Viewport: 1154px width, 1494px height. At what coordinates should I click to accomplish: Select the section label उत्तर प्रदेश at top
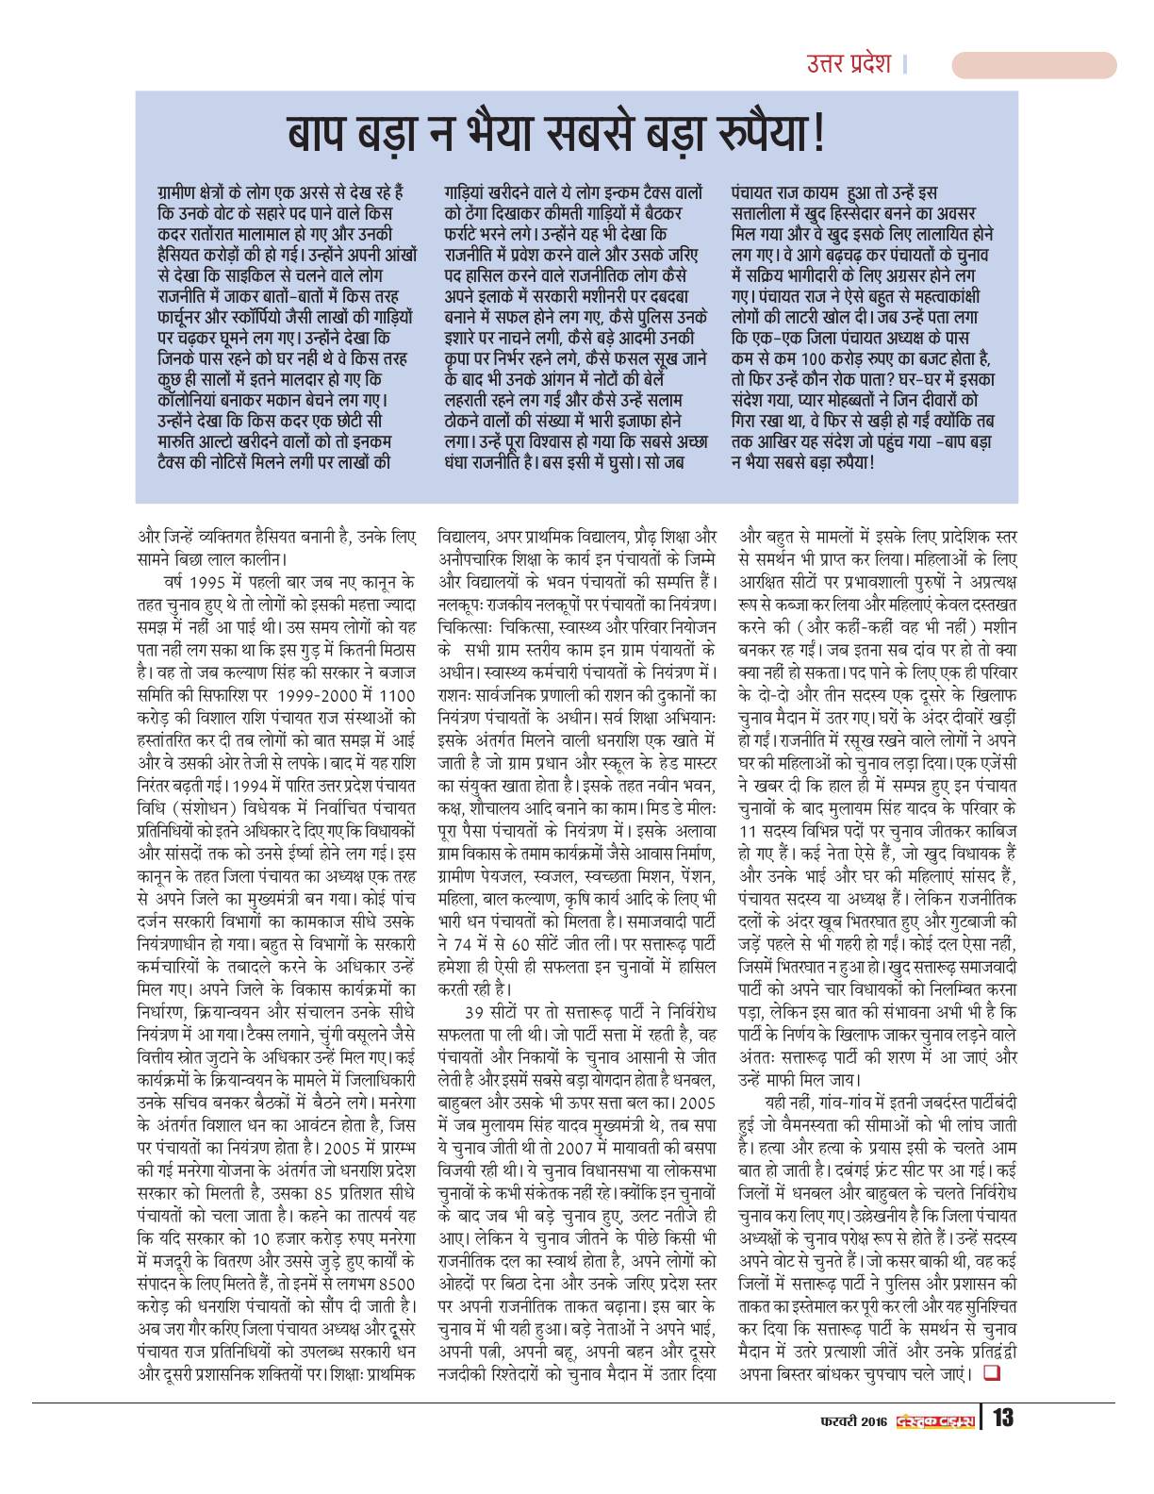click(849, 64)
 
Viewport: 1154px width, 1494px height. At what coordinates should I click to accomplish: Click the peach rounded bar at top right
click(1033, 65)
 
